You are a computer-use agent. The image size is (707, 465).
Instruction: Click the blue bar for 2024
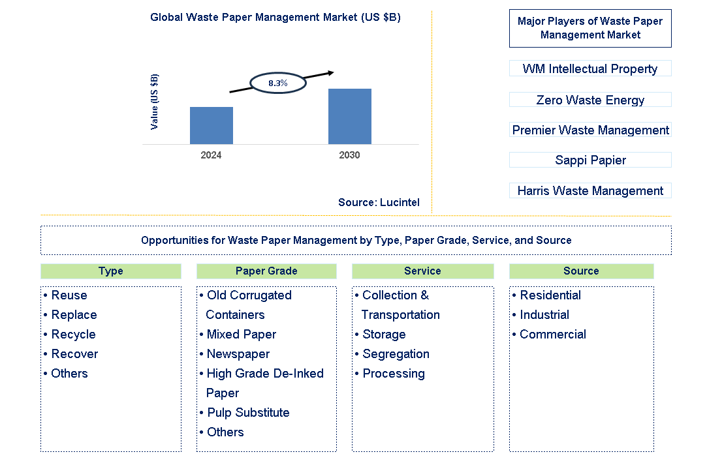(x=211, y=125)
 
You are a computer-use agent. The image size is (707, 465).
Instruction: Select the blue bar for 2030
(x=349, y=116)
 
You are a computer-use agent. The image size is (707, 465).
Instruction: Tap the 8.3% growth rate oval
(x=278, y=83)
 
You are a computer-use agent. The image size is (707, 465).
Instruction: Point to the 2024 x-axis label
(x=211, y=155)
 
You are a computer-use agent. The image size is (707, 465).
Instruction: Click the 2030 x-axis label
(x=349, y=155)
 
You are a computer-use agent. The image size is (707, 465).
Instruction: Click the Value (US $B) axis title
(x=155, y=101)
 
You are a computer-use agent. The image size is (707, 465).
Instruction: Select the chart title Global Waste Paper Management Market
(x=275, y=18)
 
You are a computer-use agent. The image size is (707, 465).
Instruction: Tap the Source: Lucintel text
(x=379, y=203)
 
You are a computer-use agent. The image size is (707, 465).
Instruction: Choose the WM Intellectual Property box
(x=590, y=68)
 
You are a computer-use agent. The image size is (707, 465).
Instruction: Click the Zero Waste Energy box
(x=590, y=100)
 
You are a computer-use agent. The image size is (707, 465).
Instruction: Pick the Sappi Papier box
(x=590, y=160)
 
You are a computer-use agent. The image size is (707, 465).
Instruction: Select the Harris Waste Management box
(x=590, y=190)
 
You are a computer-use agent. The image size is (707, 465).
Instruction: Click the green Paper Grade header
(x=266, y=271)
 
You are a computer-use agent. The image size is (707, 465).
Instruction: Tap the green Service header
(x=422, y=271)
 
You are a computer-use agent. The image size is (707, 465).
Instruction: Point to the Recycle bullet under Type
(x=73, y=335)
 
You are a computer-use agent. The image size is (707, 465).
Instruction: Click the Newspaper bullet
(x=238, y=354)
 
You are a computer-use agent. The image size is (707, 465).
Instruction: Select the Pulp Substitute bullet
(x=247, y=413)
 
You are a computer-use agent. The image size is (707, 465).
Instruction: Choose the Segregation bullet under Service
(x=396, y=354)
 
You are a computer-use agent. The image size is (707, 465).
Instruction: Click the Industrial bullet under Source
(x=544, y=315)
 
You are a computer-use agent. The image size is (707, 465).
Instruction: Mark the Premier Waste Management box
(x=590, y=130)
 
